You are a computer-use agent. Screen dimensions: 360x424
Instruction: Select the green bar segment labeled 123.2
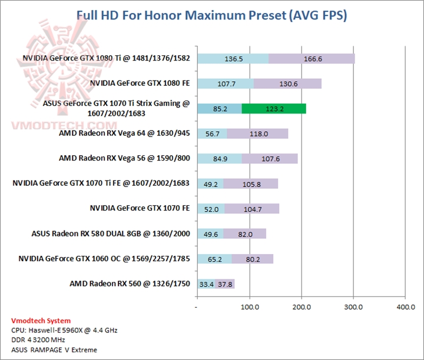click(x=273, y=108)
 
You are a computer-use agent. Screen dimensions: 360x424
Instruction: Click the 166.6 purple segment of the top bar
click(x=312, y=58)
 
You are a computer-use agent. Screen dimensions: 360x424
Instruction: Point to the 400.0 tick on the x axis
click(x=405, y=307)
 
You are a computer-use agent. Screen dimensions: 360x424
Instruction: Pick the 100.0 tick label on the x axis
click(x=250, y=307)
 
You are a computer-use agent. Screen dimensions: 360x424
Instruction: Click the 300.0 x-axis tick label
click(x=353, y=307)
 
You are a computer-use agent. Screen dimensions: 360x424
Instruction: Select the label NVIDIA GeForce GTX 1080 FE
click(x=140, y=84)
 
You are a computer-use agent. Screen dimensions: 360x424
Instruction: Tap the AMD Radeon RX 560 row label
click(x=130, y=284)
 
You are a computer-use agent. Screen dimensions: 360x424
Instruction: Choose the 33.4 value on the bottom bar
click(x=206, y=284)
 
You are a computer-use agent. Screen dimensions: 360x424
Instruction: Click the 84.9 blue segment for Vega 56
click(x=219, y=158)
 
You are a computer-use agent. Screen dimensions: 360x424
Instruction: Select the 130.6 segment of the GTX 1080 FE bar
click(x=288, y=84)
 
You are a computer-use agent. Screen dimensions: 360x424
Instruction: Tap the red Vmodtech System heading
click(x=41, y=321)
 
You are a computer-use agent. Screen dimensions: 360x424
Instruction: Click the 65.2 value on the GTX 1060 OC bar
click(x=214, y=259)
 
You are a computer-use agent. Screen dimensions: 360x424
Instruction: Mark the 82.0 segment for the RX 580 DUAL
click(x=244, y=234)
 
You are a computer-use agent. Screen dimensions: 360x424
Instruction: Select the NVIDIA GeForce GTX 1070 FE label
click(x=140, y=208)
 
